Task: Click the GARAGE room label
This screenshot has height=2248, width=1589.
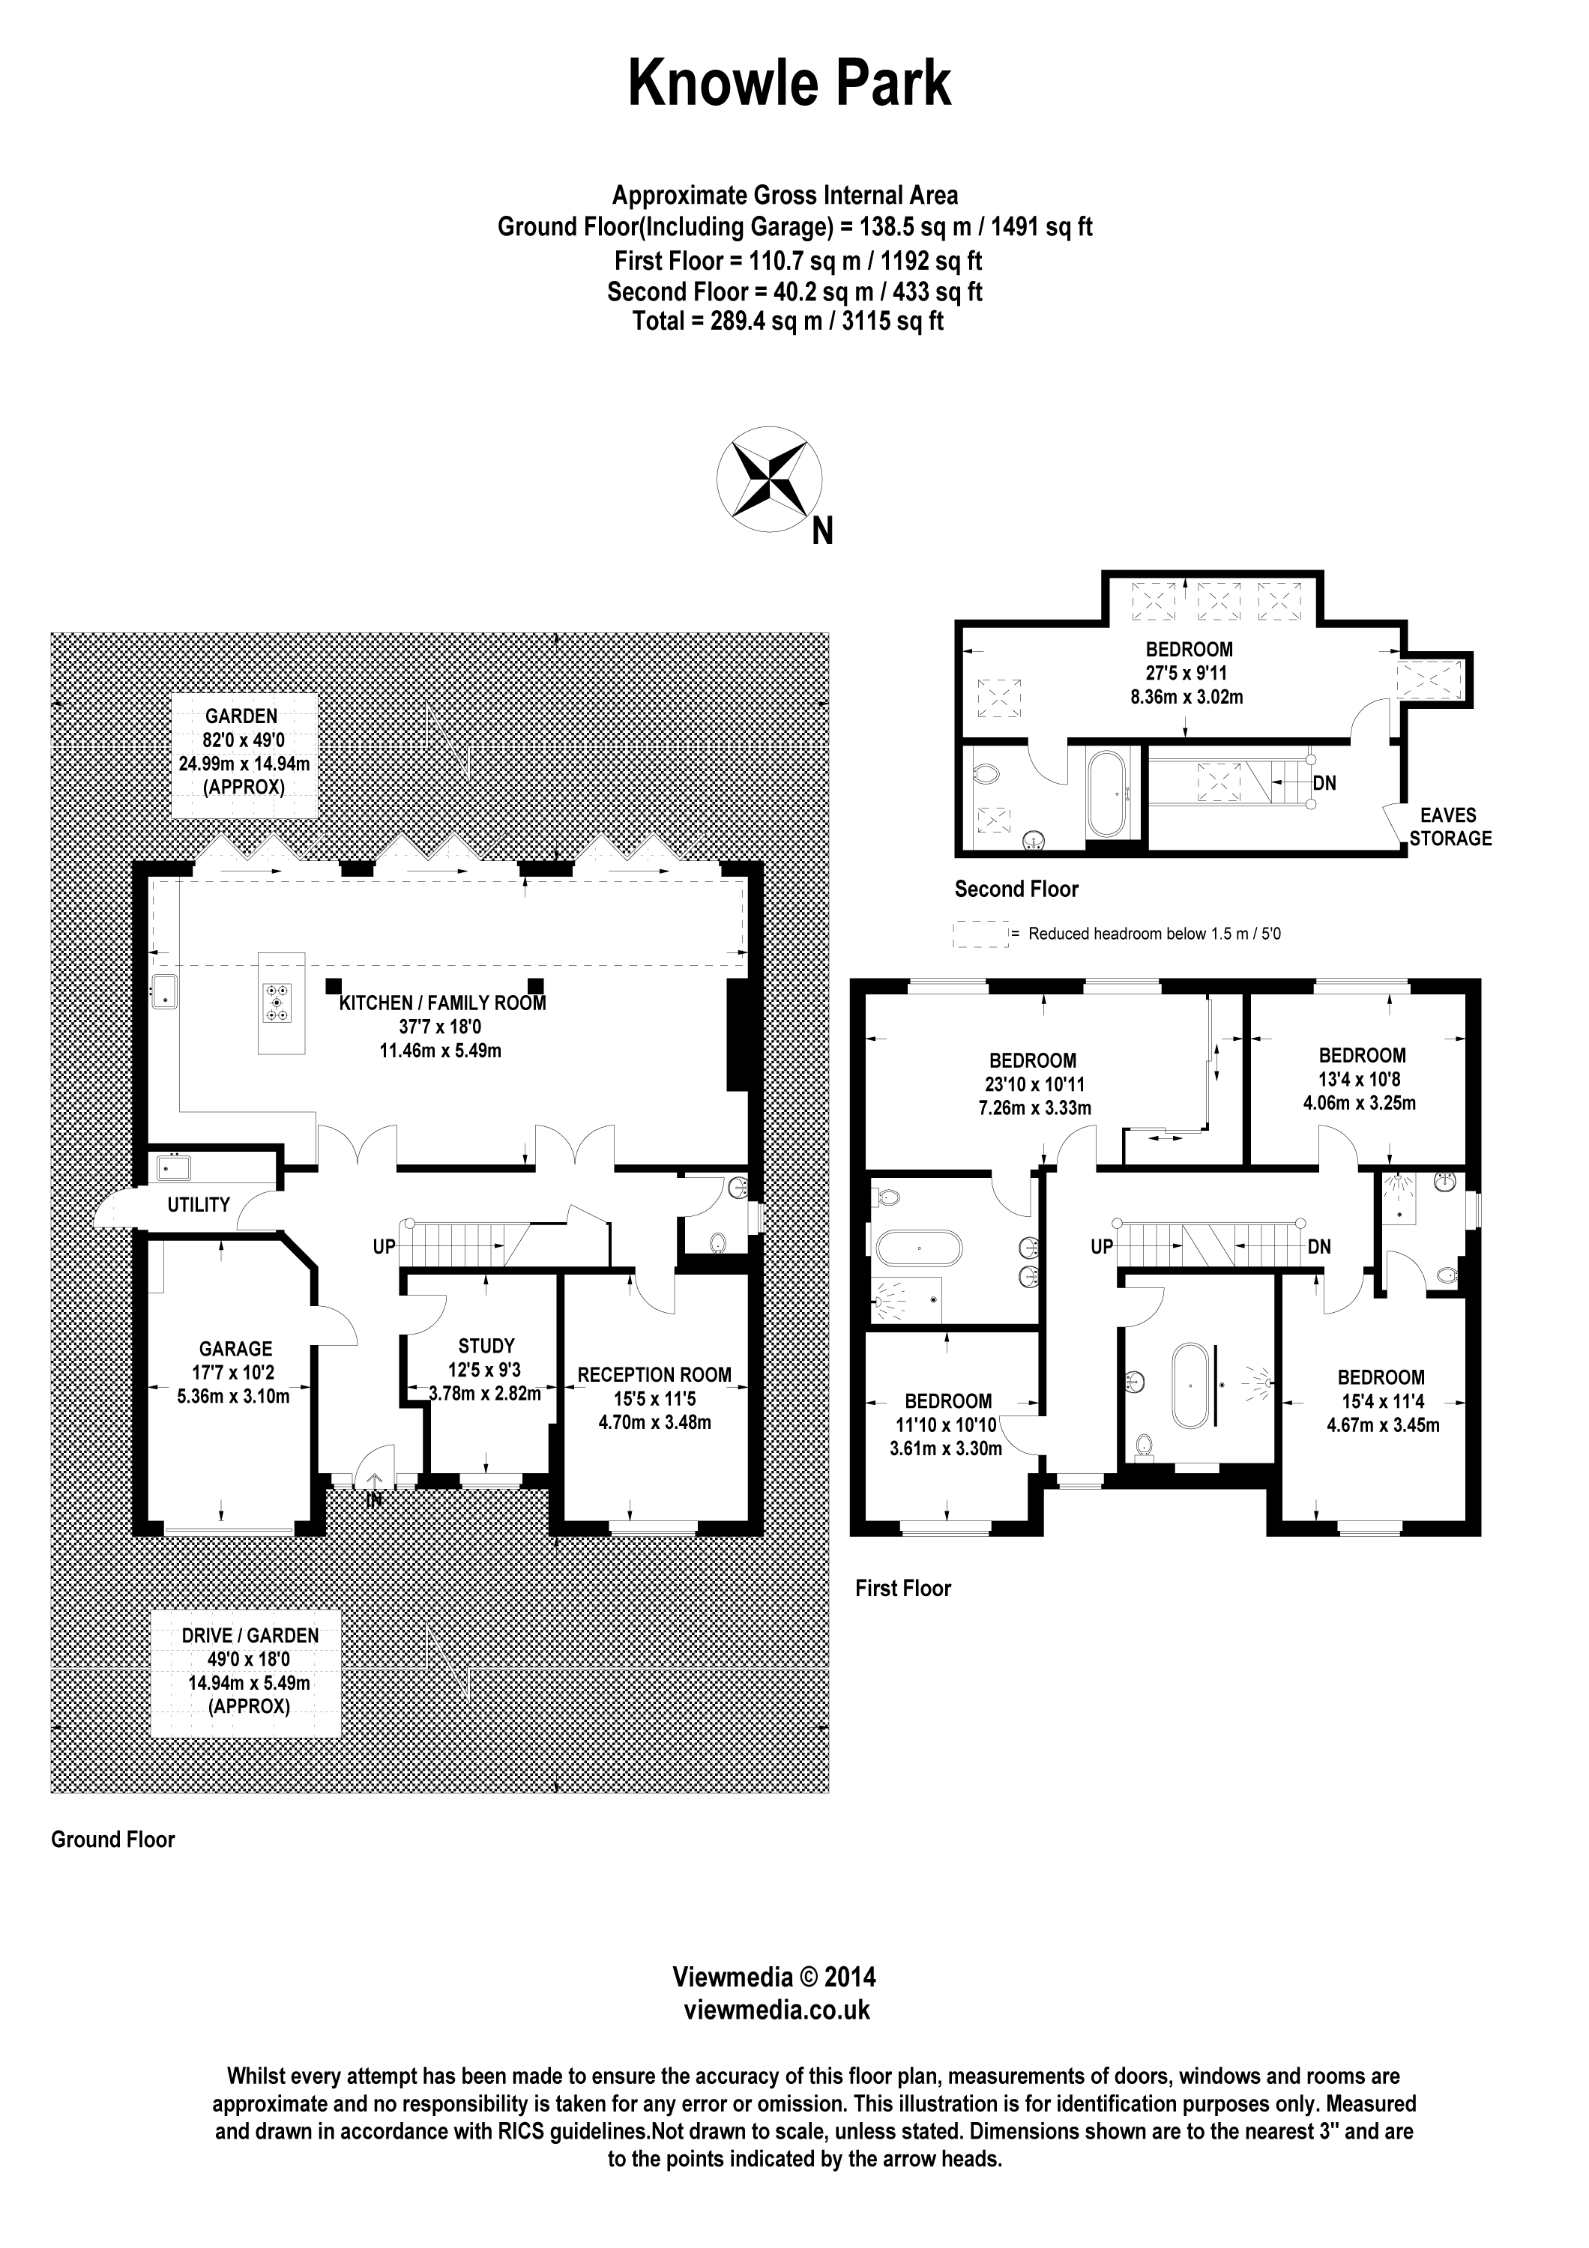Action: tap(235, 1348)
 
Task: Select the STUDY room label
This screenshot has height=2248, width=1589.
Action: tap(486, 1347)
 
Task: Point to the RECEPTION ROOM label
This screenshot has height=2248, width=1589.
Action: tap(654, 1374)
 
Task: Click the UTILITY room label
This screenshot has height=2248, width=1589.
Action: tap(199, 1205)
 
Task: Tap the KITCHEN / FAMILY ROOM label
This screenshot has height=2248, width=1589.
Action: tap(442, 1003)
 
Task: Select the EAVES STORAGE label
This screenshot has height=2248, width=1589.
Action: tap(1450, 827)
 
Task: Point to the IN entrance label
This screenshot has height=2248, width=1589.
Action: tap(374, 1500)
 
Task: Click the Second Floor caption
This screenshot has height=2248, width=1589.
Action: tap(1016, 889)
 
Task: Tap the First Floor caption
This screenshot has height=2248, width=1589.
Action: tap(902, 1588)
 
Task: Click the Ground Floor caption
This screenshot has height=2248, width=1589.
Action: tap(112, 1840)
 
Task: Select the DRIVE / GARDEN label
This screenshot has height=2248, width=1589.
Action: tap(250, 1635)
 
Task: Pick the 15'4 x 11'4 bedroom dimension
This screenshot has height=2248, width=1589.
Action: tap(1381, 1401)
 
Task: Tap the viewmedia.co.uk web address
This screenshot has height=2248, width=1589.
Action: tap(776, 2010)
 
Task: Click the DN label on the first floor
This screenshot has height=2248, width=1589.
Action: tap(1318, 1248)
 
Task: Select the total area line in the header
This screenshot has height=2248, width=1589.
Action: tap(789, 321)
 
